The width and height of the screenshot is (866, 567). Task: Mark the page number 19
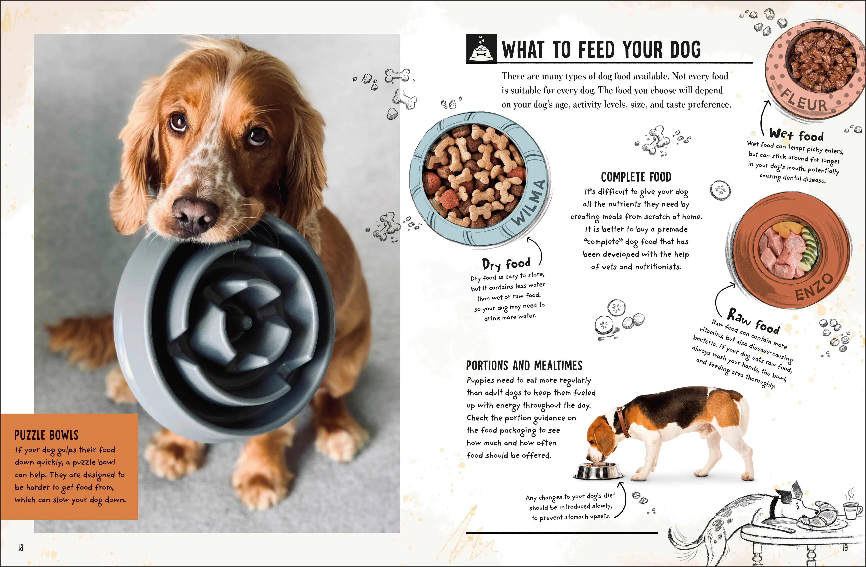(845, 547)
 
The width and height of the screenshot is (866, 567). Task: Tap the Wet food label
(797, 135)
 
